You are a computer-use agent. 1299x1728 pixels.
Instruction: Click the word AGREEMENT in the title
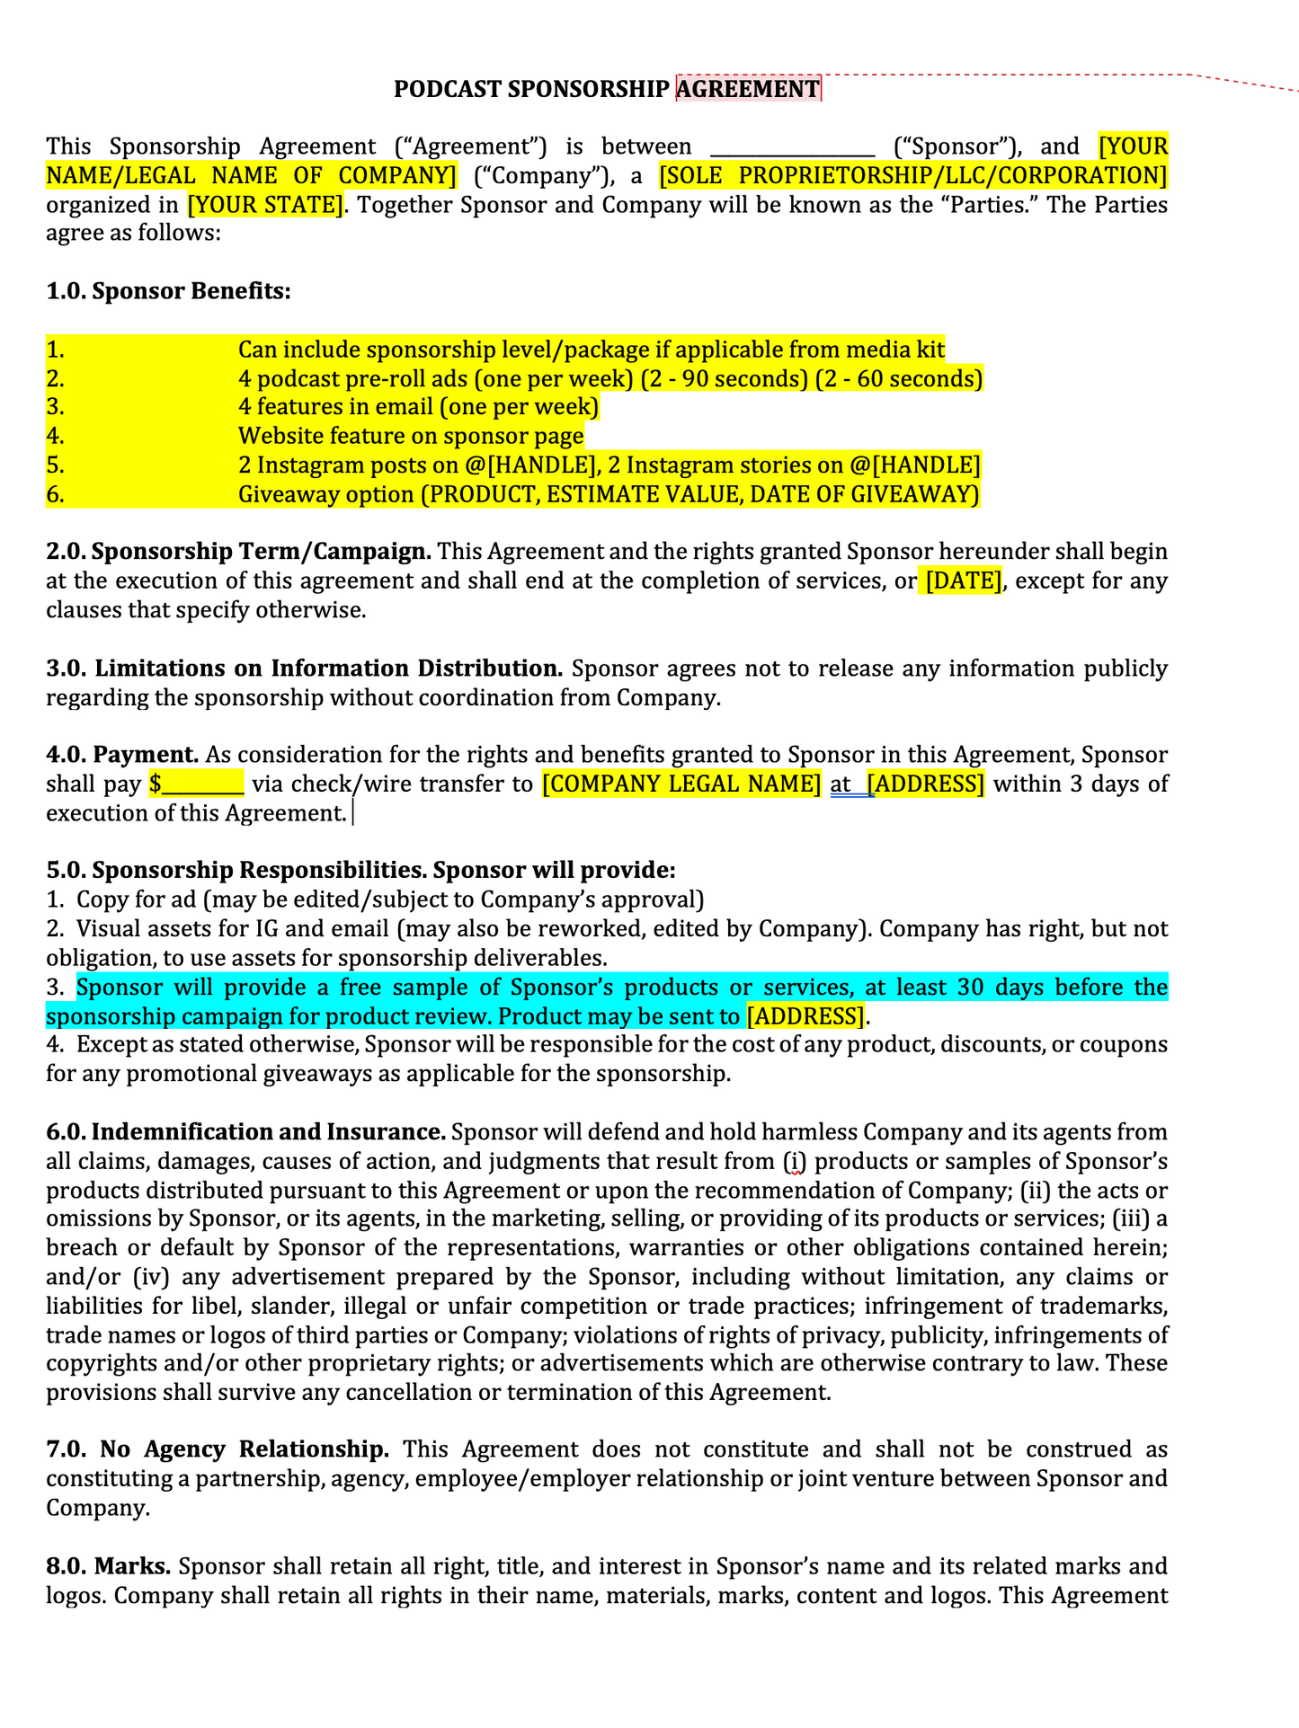click(x=747, y=89)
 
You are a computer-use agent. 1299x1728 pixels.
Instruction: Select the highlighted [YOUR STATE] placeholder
click(x=265, y=205)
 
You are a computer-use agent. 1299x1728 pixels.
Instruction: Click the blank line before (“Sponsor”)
click(x=792, y=146)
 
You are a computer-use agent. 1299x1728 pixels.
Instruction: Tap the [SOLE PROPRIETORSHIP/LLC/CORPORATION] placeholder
click(x=912, y=175)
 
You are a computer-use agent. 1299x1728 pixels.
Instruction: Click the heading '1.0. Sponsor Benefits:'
click(x=168, y=291)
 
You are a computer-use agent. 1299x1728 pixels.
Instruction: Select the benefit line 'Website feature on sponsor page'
click(x=410, y=437)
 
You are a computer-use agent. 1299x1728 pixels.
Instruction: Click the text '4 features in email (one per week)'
click(x=418, y=407)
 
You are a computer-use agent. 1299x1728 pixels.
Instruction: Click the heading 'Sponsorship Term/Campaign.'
click(x=262, y=551)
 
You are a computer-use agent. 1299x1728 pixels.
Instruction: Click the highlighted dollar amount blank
click(x=197, y=784)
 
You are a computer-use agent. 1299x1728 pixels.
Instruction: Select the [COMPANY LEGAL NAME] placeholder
click(x=681, y=784)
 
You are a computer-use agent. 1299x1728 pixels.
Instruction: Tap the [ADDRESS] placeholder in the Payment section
click(x=925, y=784)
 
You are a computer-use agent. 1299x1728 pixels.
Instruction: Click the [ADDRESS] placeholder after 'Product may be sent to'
click(x=805, y=1016)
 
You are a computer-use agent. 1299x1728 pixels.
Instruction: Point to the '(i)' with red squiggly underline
click(x=794, y=1162)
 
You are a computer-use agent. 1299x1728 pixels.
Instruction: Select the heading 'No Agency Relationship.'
click(x=245, y=1449)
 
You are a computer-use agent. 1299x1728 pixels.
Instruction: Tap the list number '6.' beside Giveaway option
click(x=56, y=494)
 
